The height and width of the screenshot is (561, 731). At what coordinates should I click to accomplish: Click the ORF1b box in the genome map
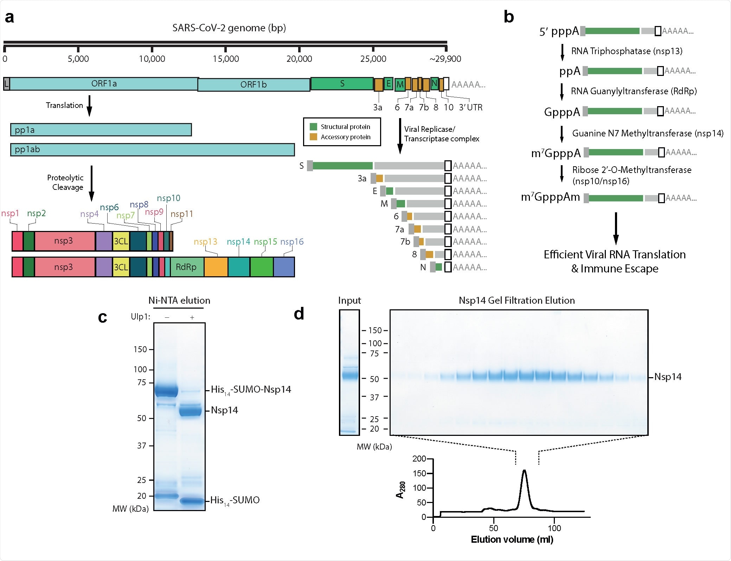coord(254,85)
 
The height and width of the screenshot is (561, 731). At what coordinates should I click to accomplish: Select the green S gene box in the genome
coord(342,84)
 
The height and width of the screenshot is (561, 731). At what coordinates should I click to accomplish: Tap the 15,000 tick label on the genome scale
coord(225,59)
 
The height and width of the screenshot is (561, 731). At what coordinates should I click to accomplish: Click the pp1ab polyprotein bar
coord(152,149)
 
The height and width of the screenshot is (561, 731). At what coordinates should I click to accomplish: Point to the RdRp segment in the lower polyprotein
coord(186,267)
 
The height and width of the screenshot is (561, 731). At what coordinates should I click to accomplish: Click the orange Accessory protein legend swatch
coord(313,137)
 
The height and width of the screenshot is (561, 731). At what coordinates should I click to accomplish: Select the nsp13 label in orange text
coord(205,242)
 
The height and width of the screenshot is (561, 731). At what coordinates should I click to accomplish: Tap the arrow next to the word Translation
coord(89,105)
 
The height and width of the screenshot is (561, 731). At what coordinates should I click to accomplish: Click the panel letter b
coord(509,17)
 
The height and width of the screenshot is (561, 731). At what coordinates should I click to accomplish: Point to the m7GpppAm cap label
coord(550,197)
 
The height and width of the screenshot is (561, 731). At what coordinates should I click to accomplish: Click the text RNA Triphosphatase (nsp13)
coord(627,51)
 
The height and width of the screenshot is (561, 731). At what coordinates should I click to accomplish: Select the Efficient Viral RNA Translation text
coord(615,254)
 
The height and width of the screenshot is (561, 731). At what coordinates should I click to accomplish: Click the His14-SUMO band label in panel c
coord(235,500)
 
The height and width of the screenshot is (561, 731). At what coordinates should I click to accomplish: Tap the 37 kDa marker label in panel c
coord(141,446)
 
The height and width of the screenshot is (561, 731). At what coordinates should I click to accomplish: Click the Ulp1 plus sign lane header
coord(192,317)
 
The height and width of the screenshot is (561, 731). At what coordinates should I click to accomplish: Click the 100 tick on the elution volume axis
coord(554,528)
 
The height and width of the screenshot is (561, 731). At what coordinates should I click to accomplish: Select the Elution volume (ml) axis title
coord(512,540)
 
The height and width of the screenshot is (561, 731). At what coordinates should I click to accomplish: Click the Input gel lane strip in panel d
coord(349,373)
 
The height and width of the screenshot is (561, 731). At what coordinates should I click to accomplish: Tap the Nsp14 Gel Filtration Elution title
coord(517,301)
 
